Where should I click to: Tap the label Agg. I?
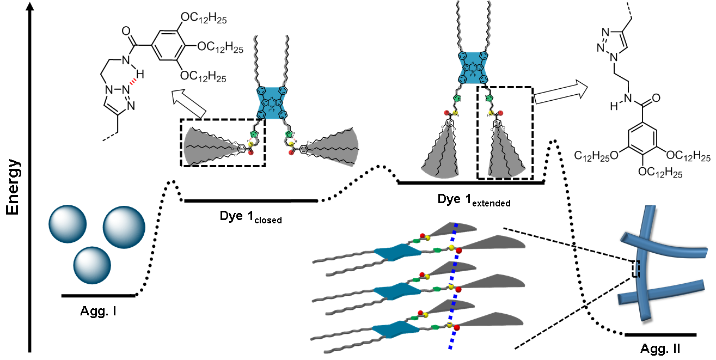[99, 312]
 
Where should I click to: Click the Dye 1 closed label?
[250, 217]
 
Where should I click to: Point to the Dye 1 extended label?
[474, 200]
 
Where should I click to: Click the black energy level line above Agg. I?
[99, 296]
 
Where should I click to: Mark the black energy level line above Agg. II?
[660, 334]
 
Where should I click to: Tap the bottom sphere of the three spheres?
[93, 265]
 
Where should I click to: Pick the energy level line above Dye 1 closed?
[251, 200]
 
